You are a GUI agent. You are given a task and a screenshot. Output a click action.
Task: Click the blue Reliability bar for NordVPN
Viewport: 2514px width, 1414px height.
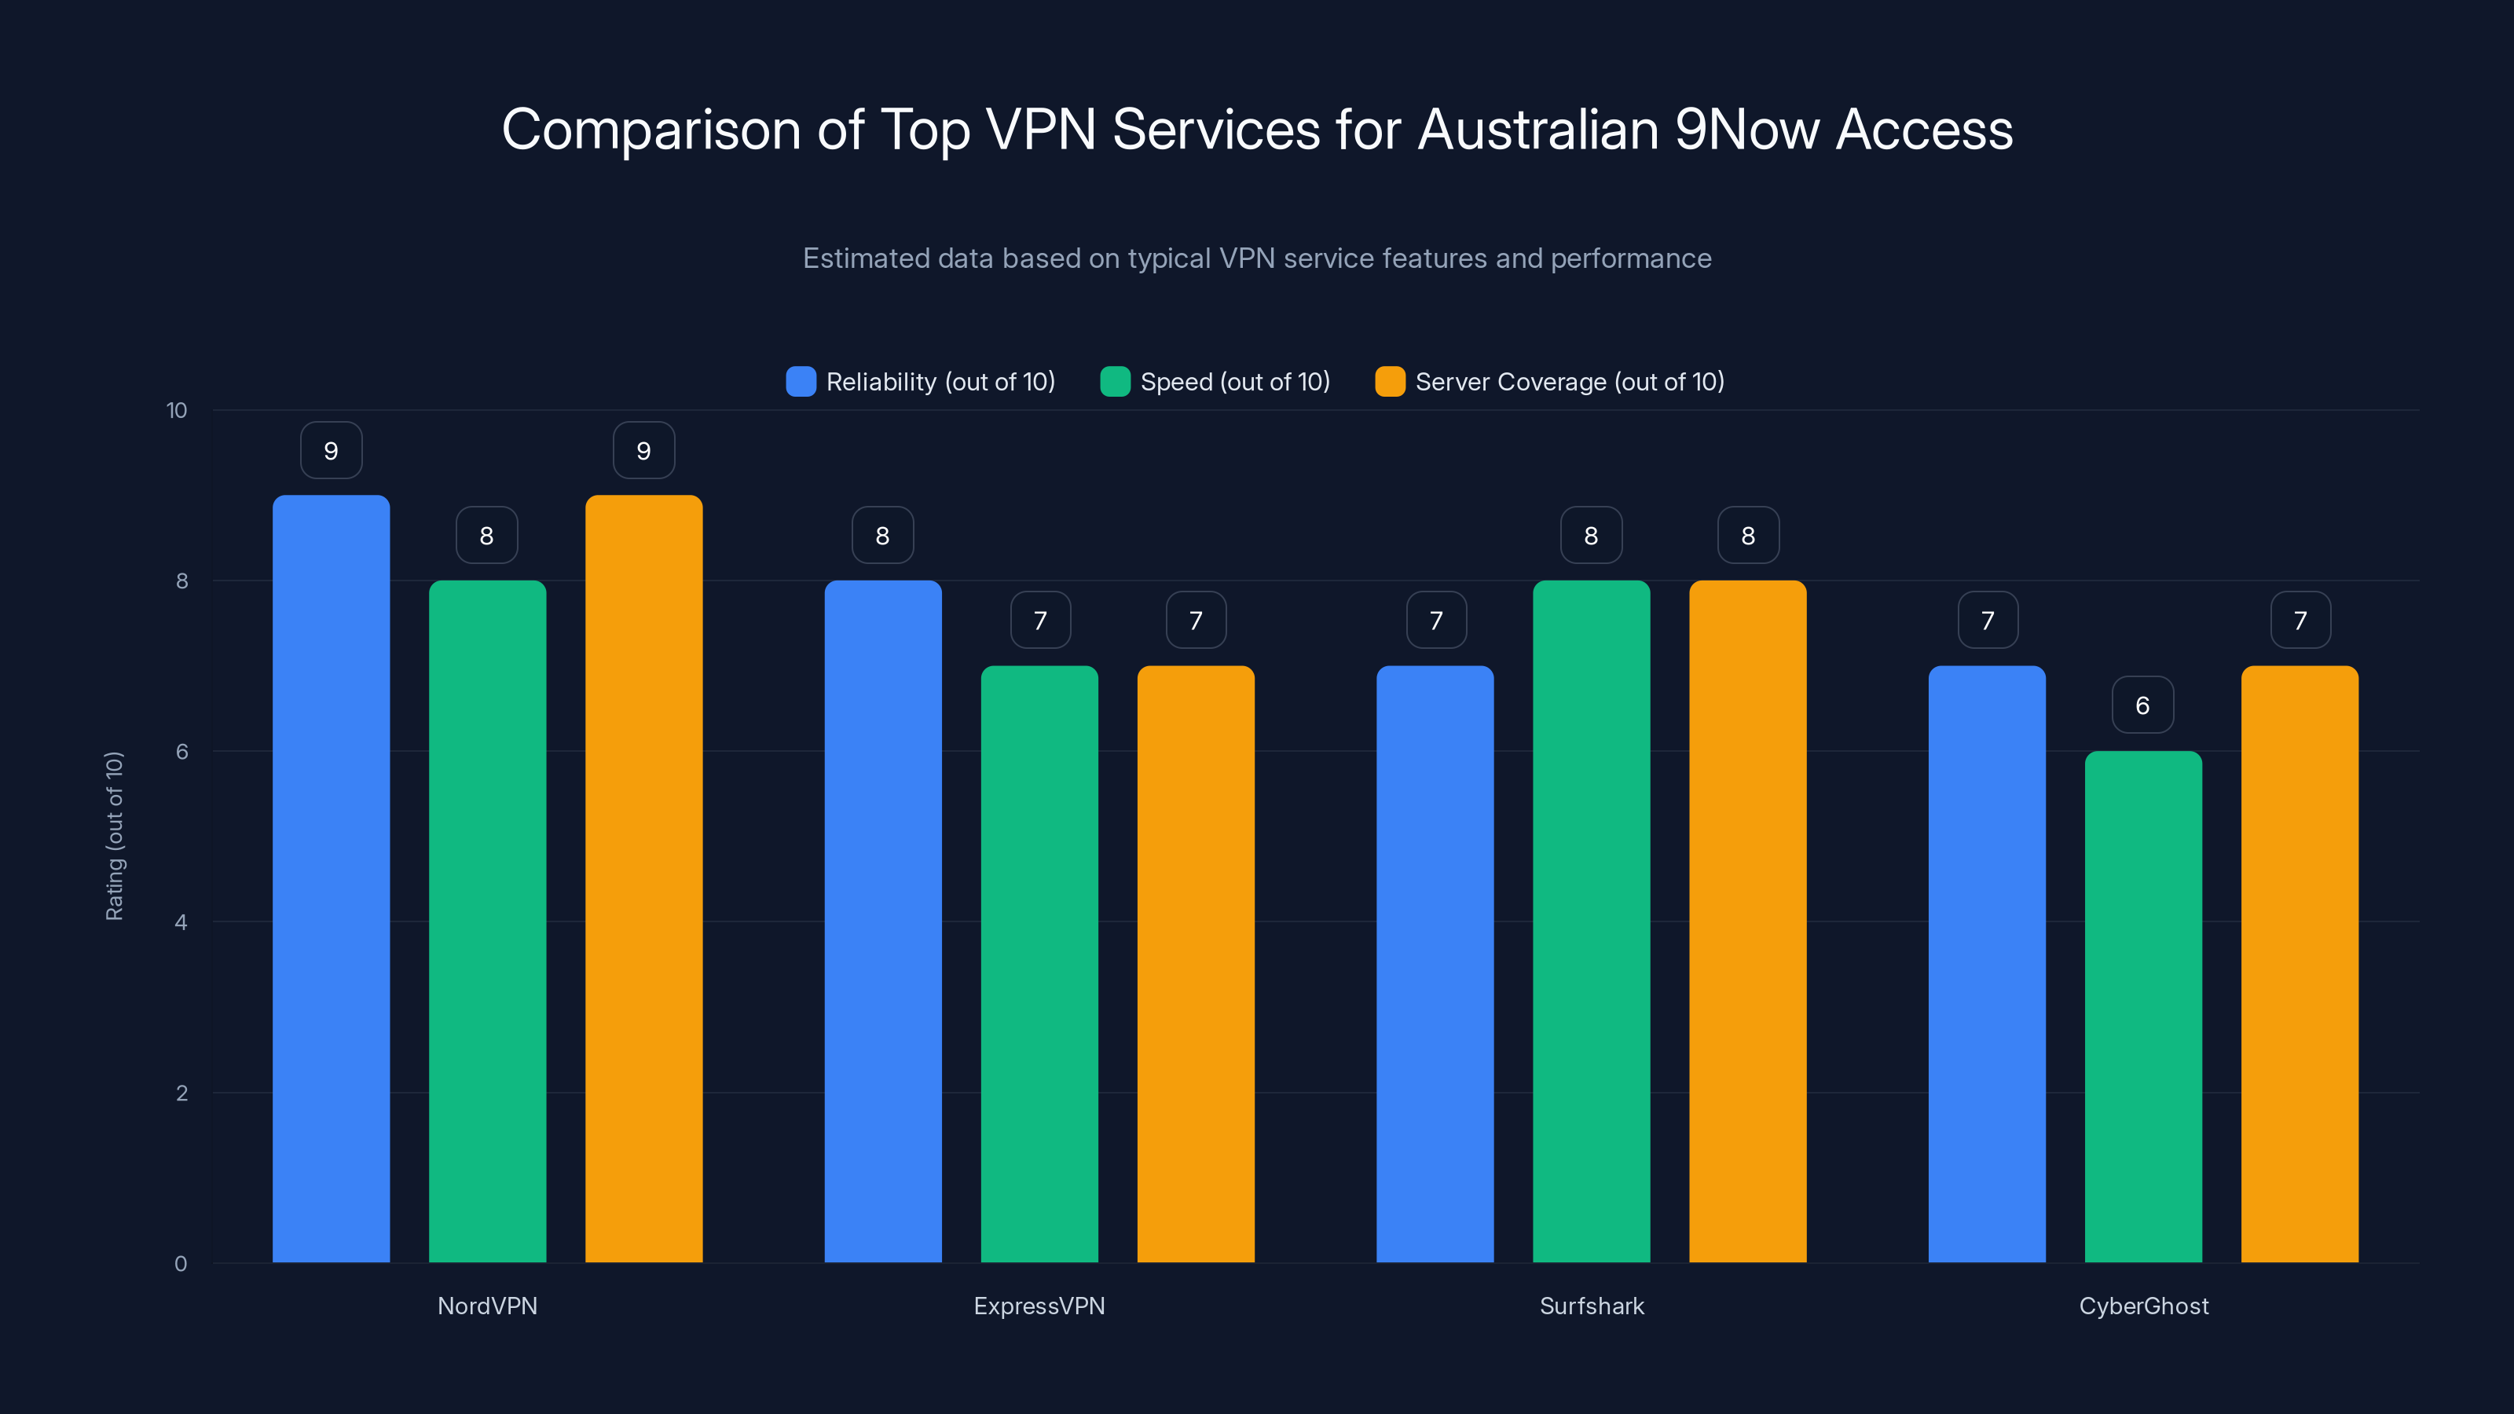coord(331,878)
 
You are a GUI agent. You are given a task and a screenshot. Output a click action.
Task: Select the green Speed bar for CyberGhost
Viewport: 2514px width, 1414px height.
coord(2143,1006)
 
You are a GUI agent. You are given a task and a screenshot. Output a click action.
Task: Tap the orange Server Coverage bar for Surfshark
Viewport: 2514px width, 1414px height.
coord(1747,922)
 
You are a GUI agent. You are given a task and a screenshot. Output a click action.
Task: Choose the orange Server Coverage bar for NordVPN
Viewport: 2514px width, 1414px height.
coord(643,878)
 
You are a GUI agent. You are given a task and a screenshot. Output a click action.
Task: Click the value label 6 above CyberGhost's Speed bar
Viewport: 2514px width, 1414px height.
coord(2142,705)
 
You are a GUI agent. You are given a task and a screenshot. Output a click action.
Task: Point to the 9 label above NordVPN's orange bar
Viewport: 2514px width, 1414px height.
coord(643,450)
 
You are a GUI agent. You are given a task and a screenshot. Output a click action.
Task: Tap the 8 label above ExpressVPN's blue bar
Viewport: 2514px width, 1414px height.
coord(882,535)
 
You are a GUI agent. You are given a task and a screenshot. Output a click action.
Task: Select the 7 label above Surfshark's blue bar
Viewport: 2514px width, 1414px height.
coord(1435,620)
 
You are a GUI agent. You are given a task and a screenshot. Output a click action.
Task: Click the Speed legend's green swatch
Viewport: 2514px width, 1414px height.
coord(1115,382)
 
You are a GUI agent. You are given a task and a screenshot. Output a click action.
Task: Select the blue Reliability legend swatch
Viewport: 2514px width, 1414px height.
coord(801,382)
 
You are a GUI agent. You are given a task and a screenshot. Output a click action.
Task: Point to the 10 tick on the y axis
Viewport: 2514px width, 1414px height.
coord(177,410)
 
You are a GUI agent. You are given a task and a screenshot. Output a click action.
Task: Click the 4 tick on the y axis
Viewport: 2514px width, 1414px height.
coord(181,922)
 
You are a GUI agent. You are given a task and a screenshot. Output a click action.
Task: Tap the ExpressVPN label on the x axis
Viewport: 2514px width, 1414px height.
coord(1039,1306)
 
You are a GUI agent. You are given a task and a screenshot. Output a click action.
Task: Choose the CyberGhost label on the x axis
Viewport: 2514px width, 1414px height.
coord(2143,1306)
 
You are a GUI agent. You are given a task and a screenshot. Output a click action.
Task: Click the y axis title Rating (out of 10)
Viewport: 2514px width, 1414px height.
coord(114,835)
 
